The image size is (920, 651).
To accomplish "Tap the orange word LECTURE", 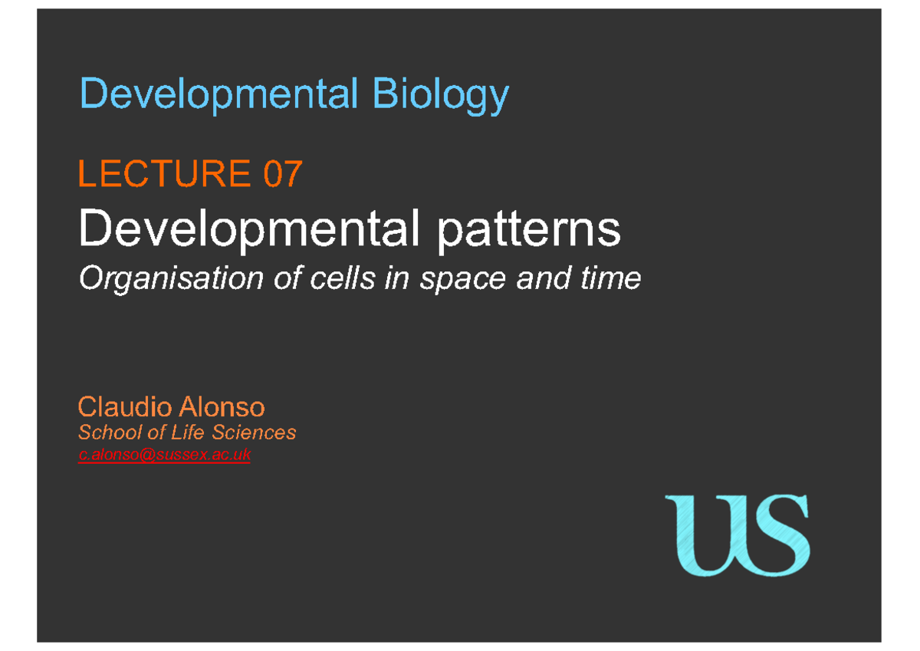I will [x=164, y=174].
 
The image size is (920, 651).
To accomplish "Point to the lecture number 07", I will [x=282, y=174].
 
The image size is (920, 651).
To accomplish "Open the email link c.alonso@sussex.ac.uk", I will [x=164, y=455].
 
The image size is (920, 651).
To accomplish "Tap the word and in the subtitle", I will [x=544, y=278].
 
